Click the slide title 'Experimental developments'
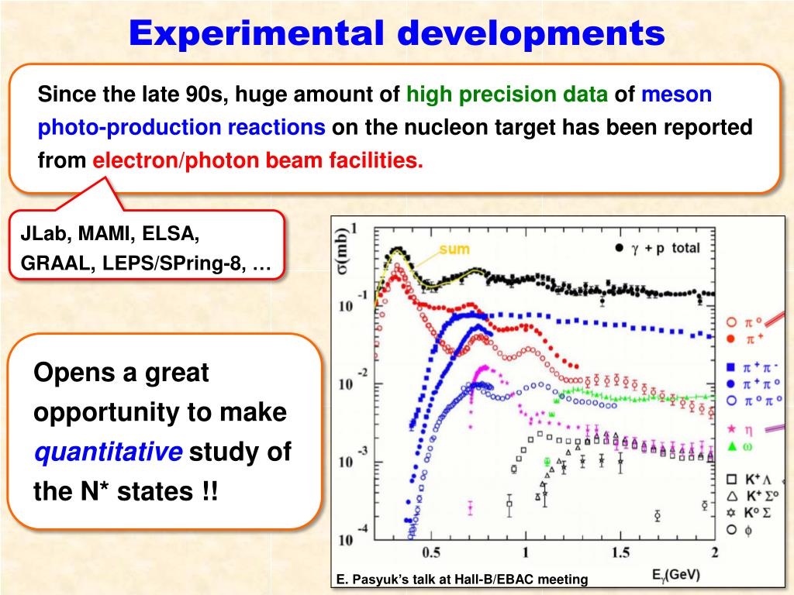click(x=396, y=33)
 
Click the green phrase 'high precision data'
click(x=507, y=95)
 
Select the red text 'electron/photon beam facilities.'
click(x=258, y=160)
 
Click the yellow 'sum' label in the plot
click(x=454, y=250)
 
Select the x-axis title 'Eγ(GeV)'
click(x=676, y=575)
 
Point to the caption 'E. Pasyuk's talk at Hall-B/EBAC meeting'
click(x=462, y=580)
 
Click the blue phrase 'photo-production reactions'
click(x=182, y=128)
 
